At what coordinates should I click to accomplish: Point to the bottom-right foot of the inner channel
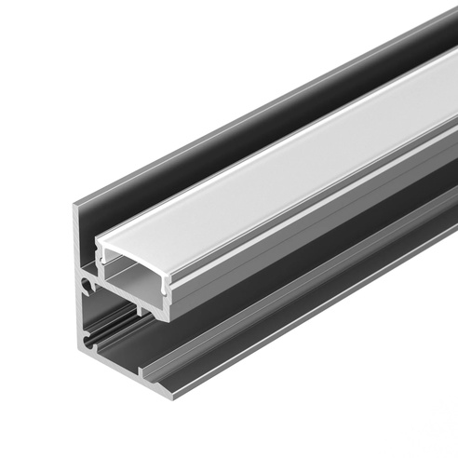[x=169, y=317]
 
